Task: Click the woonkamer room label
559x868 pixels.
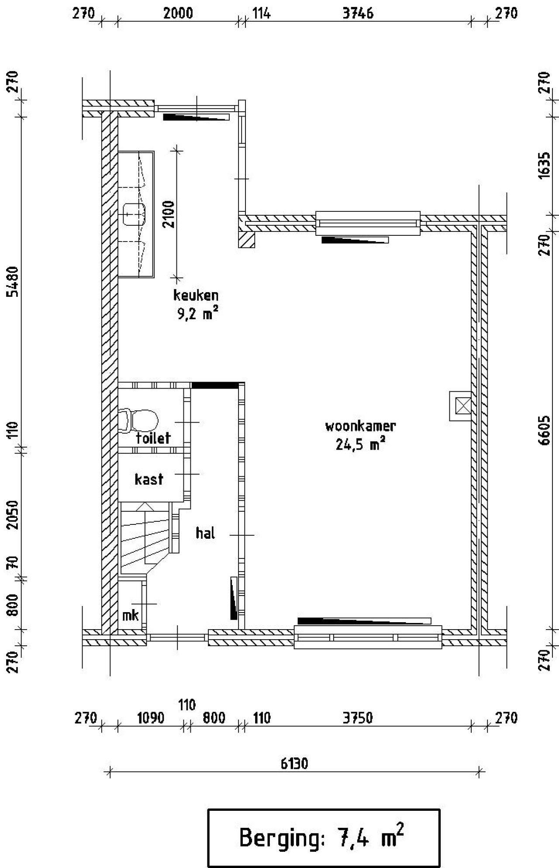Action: point(360,426)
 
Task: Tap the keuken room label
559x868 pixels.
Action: point(196,295)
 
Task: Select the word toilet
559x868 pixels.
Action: point(153,437)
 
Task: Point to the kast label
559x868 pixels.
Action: point(149,479)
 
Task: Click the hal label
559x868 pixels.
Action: point(205,533)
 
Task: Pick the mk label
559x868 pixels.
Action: point(130,615)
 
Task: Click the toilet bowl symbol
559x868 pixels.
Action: point(139,420)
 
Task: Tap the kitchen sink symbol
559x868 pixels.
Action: point(134,214)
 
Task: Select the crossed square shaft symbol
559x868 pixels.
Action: point(460,406)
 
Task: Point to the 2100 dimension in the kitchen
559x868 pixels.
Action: point(169,214)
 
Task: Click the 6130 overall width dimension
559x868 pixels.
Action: point(294,764)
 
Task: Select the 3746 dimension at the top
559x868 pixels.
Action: point(358,14)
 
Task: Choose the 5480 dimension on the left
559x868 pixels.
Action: point(13,281)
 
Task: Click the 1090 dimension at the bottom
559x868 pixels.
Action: point(151,718)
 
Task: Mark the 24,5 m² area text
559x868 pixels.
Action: point(360,444)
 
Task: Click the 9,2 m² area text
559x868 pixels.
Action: point(197,313)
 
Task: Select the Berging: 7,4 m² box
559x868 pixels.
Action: point(324,838)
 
